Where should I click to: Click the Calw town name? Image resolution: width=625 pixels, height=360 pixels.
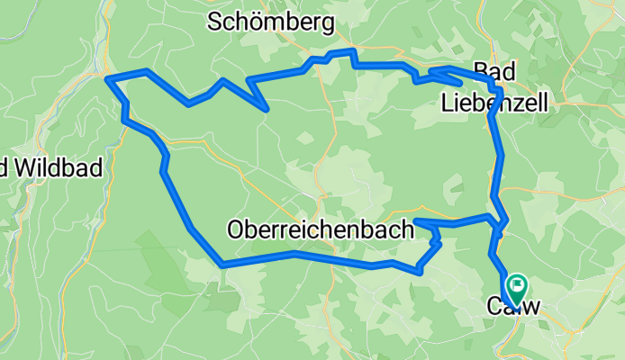[x=513, y=307]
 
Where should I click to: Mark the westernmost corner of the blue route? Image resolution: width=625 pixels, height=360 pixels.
[x=108, y=79]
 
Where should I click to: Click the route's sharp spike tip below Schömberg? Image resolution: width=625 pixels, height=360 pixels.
[x=267, y=109]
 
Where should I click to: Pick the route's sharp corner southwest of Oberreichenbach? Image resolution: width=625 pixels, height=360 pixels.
[x=222, y=265]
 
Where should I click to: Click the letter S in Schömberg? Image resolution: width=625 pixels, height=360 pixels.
[x=214, y=22]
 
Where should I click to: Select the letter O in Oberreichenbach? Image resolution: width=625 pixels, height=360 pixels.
[x=236, y=229]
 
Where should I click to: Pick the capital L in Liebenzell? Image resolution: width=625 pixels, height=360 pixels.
[x=448, y=103]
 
